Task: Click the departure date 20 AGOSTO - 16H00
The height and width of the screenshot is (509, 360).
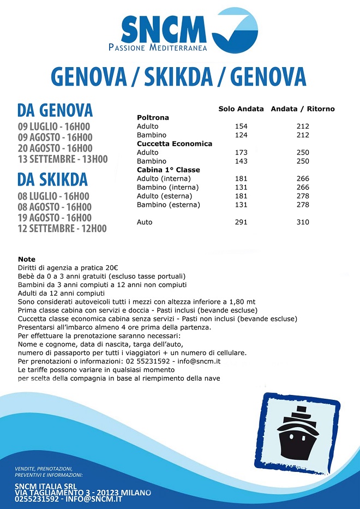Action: [55, 148]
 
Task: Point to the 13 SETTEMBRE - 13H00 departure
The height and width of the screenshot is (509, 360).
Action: [63, 159]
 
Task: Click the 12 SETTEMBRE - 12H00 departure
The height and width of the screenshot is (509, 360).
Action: [62, 229]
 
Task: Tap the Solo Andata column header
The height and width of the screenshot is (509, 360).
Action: [241, 109]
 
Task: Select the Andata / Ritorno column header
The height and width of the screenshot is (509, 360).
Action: [303, 109]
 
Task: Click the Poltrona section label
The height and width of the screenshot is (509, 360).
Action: [153, 117]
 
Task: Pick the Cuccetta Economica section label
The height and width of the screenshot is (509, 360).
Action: [175, 143]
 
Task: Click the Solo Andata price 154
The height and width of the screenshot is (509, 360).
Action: [241, 126]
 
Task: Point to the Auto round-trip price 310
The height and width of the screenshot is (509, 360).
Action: [303, 222]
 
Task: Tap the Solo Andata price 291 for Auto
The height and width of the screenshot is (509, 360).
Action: [241, 222]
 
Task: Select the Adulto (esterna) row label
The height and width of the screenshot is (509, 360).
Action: [164, 196]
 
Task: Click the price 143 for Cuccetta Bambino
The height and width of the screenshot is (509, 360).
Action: [241, 161]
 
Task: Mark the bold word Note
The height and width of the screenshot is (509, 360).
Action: [27, 259]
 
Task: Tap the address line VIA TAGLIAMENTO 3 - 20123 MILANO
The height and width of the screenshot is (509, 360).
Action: [83, 493]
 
